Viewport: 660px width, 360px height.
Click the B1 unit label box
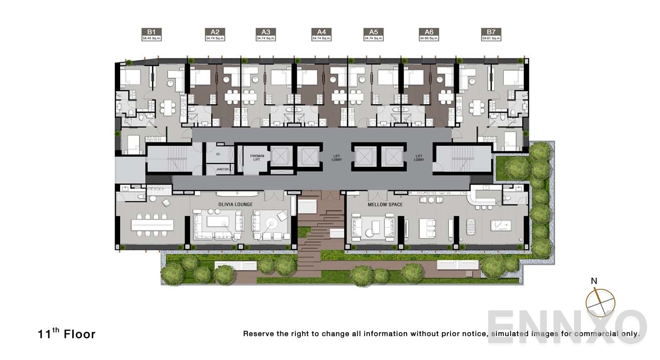pyautogui.click(x=151, y=34)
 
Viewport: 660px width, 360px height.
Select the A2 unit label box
pyautogui.click(x=215, y=34)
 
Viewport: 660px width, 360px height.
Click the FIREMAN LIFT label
pyautogui.click(x=257, y=158)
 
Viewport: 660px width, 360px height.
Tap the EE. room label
pyautogui.click(x=218, y=154)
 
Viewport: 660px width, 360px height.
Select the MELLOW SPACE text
pyautogui.click(x=385, y=204)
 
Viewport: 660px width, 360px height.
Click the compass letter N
pyautogui.click(x=594, y=281)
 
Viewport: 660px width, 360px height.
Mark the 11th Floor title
pyautogui.click(x=66, y=334)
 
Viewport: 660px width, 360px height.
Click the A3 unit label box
pyautogui.click(x=266, y=34)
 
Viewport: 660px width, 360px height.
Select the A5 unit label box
pyautogui.click(x=373, y=34)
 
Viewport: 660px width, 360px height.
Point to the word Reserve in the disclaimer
pyautogui.click(x=260, y=334)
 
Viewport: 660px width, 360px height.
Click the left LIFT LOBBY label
pyautogui.click(x=337, y=158)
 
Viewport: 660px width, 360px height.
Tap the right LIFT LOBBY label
pyautogui.click(x=419, y=158)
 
